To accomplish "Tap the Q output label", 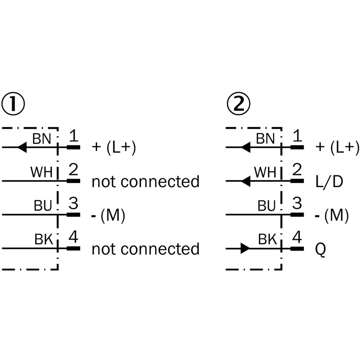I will [321, 249].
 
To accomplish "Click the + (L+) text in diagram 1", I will [113, 148].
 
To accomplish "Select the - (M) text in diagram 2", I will [332, 216].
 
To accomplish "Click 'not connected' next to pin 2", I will [145, 181].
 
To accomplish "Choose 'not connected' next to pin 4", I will [145, 249].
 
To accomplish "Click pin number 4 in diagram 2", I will [297, 238].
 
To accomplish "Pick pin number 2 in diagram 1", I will [73, 170].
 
